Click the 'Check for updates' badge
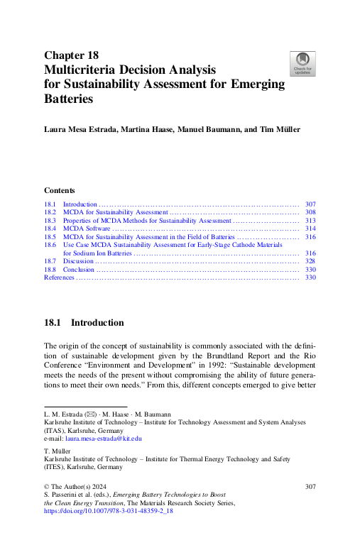click(x=303, y=64)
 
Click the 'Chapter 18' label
click(x=71, y=55)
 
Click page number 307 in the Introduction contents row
click(x=310, y=204)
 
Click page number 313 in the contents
click(x=310, y=221)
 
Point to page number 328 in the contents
click(x=310, y=261)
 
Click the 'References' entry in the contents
click(x=59, y=277)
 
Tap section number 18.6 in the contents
click(x=50, y=245)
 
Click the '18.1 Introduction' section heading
click(x=84, y=323)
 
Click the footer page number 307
click(x=310, y=486)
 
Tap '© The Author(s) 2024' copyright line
click(x=77, y=486)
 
